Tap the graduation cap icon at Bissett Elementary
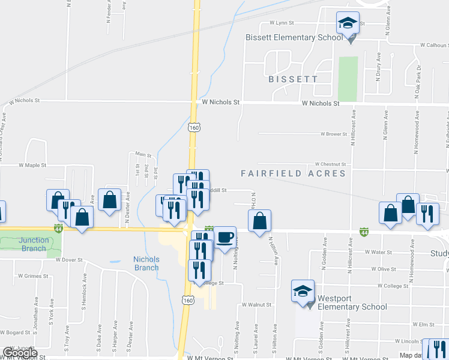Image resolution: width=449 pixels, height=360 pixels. pos(348,24)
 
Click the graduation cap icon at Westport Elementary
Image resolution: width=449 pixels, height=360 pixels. pos(303,292)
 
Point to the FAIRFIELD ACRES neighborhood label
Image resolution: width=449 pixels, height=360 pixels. pos(294,173)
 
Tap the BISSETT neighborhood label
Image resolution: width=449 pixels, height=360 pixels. pos(293,79)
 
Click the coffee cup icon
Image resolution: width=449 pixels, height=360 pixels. pos(225,238)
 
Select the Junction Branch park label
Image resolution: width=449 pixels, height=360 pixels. pos(34,244)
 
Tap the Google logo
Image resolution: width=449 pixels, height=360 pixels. pos(20,353)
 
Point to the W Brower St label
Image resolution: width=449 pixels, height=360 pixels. pos(334,134)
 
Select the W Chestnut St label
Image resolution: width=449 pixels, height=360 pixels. pos(331,164)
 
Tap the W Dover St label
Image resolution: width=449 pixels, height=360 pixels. pos(68,260)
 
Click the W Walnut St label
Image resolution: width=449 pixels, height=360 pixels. pos(257,305)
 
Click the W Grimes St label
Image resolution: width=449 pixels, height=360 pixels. pos(32,276)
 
